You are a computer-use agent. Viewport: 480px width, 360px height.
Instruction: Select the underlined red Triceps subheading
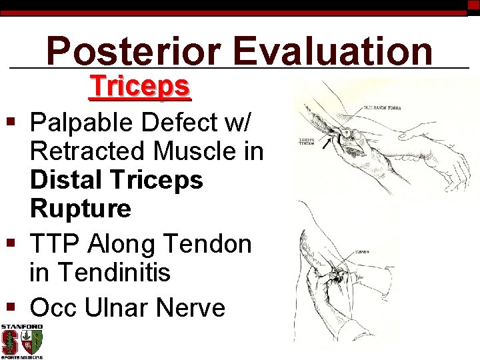coord(140,87)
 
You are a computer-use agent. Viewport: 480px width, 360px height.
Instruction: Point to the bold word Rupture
coord(81,209)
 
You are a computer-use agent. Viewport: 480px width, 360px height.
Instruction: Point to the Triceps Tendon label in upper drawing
coord(306,141)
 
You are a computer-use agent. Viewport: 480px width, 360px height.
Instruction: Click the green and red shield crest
coord(31,342)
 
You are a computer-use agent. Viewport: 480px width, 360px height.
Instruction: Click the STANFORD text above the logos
coord(21,327)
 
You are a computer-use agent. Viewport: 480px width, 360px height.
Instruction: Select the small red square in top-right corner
coord(473,5)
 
